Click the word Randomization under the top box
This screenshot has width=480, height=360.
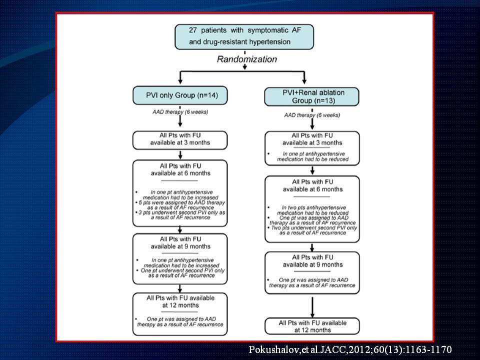[x=246, y=59]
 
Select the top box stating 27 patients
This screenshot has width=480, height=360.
[x=244, y=35]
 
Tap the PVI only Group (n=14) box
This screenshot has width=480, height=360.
[x=178, y=95]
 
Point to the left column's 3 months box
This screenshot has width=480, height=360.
[x=179, y=139]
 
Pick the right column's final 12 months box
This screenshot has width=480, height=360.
[x=312, y=326]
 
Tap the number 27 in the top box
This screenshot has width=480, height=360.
[x=195, y=30]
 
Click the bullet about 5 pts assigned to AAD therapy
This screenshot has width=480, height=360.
[x=180, y=203]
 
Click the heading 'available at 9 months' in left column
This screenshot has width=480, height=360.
[x=179, y=245]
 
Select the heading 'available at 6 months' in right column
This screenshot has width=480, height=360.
[x=312, y=189]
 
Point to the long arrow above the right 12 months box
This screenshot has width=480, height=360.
[x=312, y=305]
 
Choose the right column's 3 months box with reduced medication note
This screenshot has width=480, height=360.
[x=312, y=148]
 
